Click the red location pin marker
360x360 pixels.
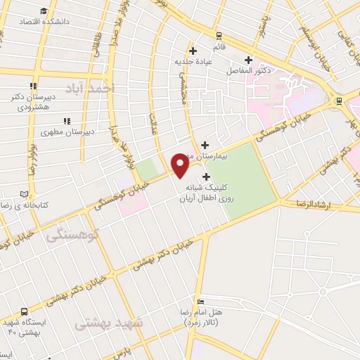point(181,164)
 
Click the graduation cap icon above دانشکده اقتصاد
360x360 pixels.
point(44,11)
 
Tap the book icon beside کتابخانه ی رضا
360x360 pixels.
point(25,193)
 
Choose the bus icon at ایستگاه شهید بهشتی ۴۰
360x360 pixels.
point(25,311)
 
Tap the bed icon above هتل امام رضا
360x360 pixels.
point(201,301)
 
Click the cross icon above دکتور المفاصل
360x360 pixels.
point(247,60)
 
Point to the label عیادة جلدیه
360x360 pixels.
point(193,61)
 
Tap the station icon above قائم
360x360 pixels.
point(219,35)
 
